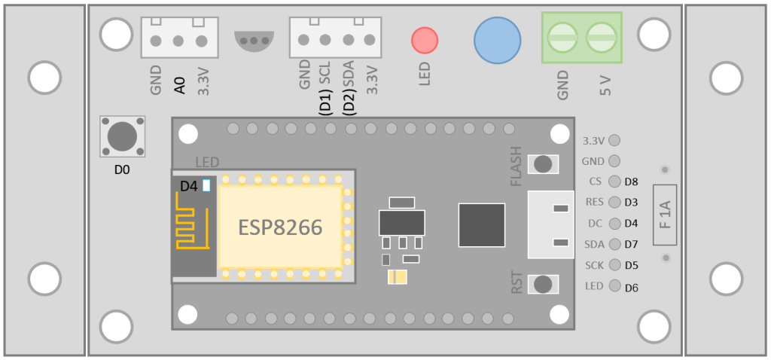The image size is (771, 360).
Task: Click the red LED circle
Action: [x=425, y=41]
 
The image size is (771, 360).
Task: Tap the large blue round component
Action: [x=497, y=41]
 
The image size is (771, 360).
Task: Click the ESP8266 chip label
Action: [x=280, y=227]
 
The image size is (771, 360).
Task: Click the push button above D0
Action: [x=123, y=136]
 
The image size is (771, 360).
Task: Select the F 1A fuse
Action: [x=665, y=215]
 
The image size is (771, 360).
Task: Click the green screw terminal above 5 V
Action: [x=601, y=38]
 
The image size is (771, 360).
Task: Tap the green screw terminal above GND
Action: [x=562, y=38]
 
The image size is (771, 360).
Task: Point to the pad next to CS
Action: [x=614, y=182]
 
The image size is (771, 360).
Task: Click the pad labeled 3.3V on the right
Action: [x=614, y=140]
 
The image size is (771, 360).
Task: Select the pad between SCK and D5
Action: [x=614, y=264]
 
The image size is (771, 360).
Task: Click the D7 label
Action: [x=632, y=245]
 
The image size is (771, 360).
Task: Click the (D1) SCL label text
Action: [x=326, y=89]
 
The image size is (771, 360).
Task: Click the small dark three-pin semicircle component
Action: [x=254, y=41]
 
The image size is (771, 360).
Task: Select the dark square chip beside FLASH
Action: [x=481, y=224]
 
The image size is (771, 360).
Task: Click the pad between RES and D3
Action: [x=614, y=202]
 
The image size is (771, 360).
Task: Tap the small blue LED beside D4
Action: [x=206, y=185]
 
